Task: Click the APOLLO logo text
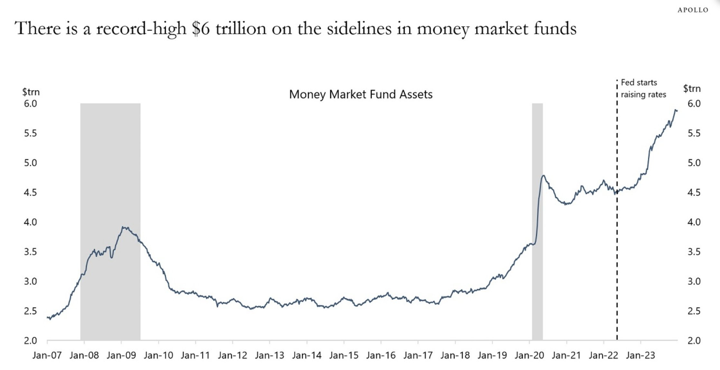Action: click(x=693, y=10)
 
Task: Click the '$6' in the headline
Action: click(x=201, y=28)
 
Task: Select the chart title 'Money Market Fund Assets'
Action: click(x=361, y=94)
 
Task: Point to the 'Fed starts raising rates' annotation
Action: click(x=643, y=88)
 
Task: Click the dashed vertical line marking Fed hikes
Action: click(x=617, y=257)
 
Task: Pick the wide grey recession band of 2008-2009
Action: click(x=110, y=193)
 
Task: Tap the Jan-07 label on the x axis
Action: click(x=47, y=356)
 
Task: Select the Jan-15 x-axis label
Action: click(x=344, y=356)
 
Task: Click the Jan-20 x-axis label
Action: click(x=529, y=356)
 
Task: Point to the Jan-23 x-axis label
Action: click(x=641, y=356)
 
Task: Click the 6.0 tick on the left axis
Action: click(x=30, y=104)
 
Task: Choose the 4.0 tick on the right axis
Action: click(x=694, y=222)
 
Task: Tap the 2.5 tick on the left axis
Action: click(x=30, y=311)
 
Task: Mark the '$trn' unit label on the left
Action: click(x=31, y=92)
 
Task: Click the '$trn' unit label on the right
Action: click(x=692, y=88)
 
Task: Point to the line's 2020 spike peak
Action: click(x=543, y=175)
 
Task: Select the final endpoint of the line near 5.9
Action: click(x=677, y=111)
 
